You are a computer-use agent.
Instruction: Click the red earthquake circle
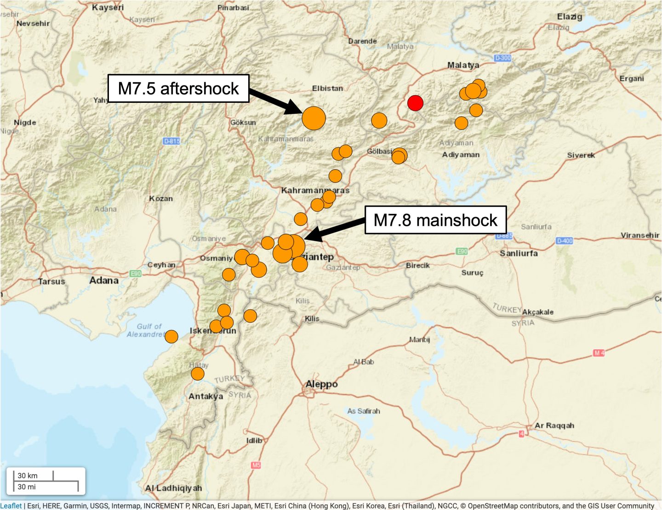(x=415, y=103)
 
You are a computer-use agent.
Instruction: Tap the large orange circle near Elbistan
(x=314, y=118)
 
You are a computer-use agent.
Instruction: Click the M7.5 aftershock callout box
(x=178, y=89)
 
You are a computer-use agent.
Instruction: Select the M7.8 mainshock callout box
(x=435, y=220)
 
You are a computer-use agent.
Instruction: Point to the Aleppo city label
(x=322, y=384)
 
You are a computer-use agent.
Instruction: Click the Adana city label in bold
(x=104, y=280)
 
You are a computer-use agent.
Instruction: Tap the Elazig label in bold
(x=570, y=17)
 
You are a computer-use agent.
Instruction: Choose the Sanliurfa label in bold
(x=519, y=253)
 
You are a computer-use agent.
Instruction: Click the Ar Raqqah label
(x=554, y=426)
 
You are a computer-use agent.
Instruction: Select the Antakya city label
(x=205, y=396)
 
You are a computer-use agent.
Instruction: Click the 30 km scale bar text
(x=28, y=476)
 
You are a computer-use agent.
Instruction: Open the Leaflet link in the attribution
(x=11, y=506)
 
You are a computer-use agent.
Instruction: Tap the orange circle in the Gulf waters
(x=171, y=336)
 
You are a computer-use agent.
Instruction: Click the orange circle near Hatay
(x=198, y=374)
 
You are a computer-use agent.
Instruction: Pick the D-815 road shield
(x=172, y=141)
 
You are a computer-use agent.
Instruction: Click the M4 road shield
(x=599, y=353)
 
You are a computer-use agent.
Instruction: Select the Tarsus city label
(x=51, y=281)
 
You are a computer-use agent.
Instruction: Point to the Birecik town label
(x=417, y=265)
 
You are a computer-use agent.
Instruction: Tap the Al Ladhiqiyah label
(x=173, y=488)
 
